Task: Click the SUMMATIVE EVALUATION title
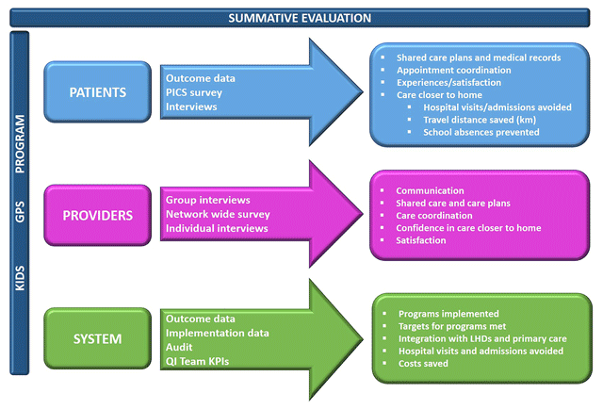click(301, 18)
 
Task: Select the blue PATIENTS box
click(98, 92)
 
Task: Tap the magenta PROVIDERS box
click(98, 215)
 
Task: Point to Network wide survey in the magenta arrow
click(217, 214)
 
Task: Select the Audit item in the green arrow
click(179, 348)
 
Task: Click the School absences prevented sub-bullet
click(481, 132)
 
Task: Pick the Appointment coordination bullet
click(454, 70)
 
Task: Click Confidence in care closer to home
click(469, 227)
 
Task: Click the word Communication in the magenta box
click(431, 190)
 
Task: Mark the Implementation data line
click(218, 333)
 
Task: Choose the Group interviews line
click(208, 200)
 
